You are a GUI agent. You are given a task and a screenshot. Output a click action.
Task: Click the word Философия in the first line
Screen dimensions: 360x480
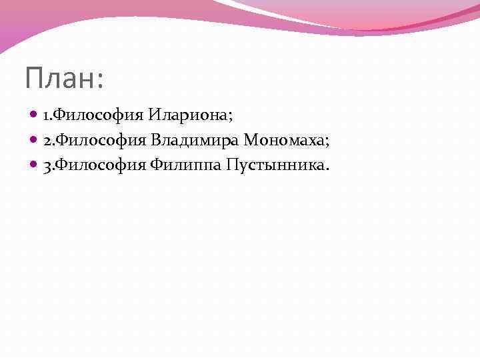[x=98, y=115]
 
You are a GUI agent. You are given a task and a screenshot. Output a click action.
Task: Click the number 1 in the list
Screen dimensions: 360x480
[x=45, y=117]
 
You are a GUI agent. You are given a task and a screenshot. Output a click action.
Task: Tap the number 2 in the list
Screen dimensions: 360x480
[x=46, y=141]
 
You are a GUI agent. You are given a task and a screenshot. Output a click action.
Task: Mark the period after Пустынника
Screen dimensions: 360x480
[x=327, y=169]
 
